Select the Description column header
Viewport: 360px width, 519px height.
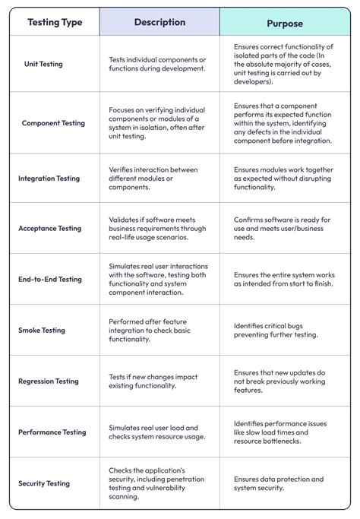(159, 22)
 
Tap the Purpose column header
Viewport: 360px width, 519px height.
(285, 24)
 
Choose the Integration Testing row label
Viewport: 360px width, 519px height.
(49, 179)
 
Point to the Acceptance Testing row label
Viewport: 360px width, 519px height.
(49, 228)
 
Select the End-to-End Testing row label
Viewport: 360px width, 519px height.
(50, 280)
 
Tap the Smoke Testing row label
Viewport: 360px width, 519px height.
(42, 331)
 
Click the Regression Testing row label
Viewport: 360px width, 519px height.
(49, 381)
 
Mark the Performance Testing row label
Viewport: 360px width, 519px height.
(52, 432)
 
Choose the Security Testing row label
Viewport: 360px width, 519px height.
(44, 483)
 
